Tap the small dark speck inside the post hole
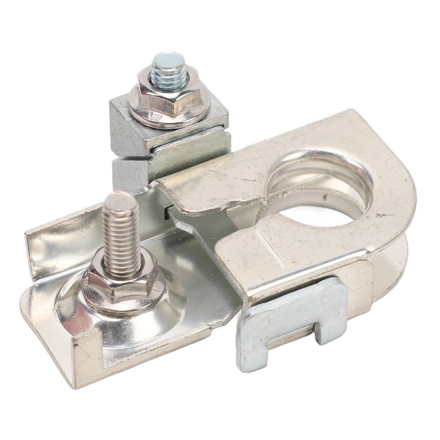(x=324, y=199)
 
